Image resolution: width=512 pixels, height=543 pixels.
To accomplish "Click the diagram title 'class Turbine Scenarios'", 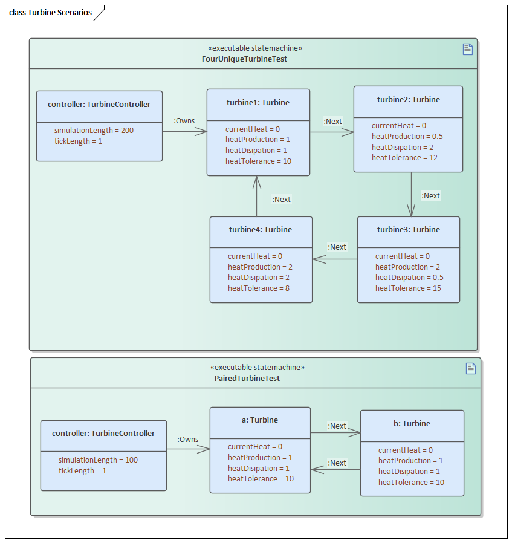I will pos(51,13).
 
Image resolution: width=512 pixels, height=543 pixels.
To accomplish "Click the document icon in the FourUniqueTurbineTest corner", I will pos(467,50).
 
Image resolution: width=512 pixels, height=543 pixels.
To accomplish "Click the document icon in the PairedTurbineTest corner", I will pos(471,368).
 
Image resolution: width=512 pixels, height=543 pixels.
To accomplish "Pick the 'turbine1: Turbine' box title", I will pos(258,103).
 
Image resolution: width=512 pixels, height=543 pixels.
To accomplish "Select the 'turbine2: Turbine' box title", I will pos(408,100).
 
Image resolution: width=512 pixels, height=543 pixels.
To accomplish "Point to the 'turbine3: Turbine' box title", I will pos(408,230).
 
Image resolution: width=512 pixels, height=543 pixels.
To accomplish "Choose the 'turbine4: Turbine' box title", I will pos(261,230).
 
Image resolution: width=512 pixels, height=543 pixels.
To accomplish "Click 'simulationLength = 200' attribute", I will pos(94,131).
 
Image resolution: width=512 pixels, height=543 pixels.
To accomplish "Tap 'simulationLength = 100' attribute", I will pos(98,460).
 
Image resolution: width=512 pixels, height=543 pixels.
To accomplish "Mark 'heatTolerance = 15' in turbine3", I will pos(408,288).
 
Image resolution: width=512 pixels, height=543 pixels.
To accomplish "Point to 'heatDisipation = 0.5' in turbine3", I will pos(409,278).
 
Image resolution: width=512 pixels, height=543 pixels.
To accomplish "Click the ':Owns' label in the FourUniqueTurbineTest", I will pos(184,121).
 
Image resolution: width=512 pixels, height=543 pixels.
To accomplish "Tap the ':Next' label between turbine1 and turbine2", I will pos(332,122).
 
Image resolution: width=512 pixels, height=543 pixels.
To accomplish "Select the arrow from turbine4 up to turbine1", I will pos(257,197).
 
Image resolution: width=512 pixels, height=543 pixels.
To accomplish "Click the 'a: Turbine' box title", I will pos(260,420).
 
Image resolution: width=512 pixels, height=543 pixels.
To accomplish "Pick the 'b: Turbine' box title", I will pos(412,424).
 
